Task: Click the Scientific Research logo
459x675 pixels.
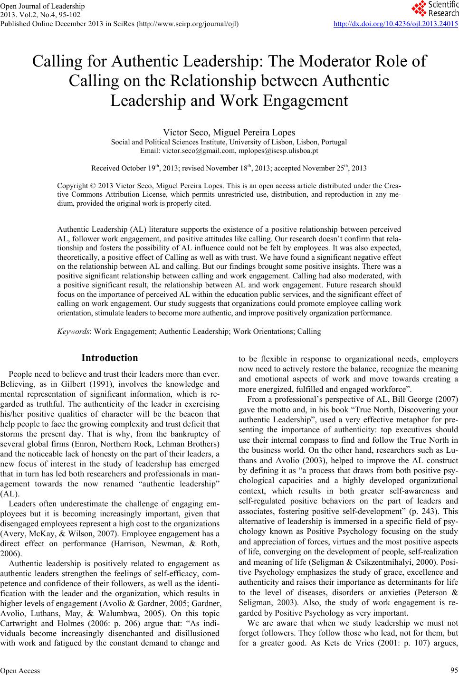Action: [434, 8]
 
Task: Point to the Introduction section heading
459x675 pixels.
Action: [110, 358]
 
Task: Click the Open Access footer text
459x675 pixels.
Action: [20, 670]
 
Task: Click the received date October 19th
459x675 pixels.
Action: [142, 168]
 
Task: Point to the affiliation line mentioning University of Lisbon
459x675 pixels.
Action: [229, 142]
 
